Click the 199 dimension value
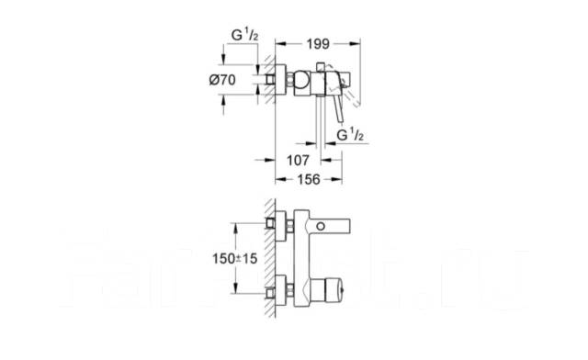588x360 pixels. tap(319, 42)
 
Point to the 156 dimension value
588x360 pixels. tap(311, 180)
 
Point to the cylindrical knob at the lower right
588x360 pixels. tap(327, 294)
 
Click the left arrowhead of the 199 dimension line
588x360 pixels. tap(281, 42)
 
